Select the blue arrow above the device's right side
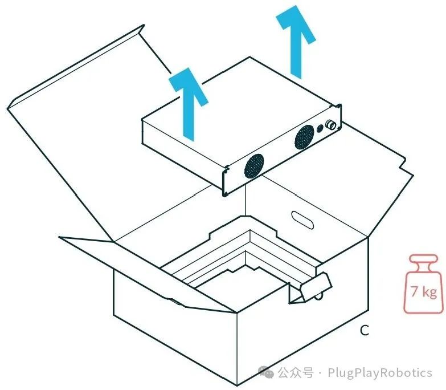click(x=296, y=42)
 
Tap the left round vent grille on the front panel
click(x=253, y=166)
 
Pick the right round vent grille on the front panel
click(x=304, y=137)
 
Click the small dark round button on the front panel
click(x=320, y=128)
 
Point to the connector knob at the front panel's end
click(x=331, y=125)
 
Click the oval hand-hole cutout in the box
click(x=302, y=220)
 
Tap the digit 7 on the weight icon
click(x=415, y=291)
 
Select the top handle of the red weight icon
click(x=423, y=258)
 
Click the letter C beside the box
click(x=365, y=330)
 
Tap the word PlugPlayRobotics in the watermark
click(x=380, y=373)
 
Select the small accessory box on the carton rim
click(x=310, y=288)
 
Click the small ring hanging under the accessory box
click(x=318, y=297)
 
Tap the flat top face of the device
click(x=241, y=111)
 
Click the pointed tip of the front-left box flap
click(x=59, y=237)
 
